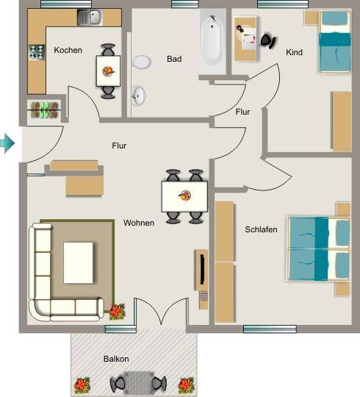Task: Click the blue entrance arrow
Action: tap(7, 143)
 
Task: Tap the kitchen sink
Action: tap(90, 17)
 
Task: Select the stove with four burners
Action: tap(37, 52)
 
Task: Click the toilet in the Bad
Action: tap(141, 62)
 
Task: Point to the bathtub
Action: tap(212, 41)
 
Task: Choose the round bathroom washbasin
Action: tap(138, 96)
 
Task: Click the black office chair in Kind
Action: tap(267, 40)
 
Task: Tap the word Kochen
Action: tap(68, 50)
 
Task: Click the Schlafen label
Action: tap(261, 229)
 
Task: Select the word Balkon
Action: tap(116, 359)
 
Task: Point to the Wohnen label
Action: tap(139, 223)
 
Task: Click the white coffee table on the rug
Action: tap(78, 262)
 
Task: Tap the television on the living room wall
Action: tap(202, 269)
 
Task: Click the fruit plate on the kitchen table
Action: tap(109, 71)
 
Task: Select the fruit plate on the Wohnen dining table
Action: tap(185, 196)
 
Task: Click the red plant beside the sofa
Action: tap(117, 312)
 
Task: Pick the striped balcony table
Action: tap(138, 383)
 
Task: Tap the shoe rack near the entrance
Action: tap(44, 110)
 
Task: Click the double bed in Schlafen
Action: tap(319, 248)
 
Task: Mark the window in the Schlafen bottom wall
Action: tap(270, 329)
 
